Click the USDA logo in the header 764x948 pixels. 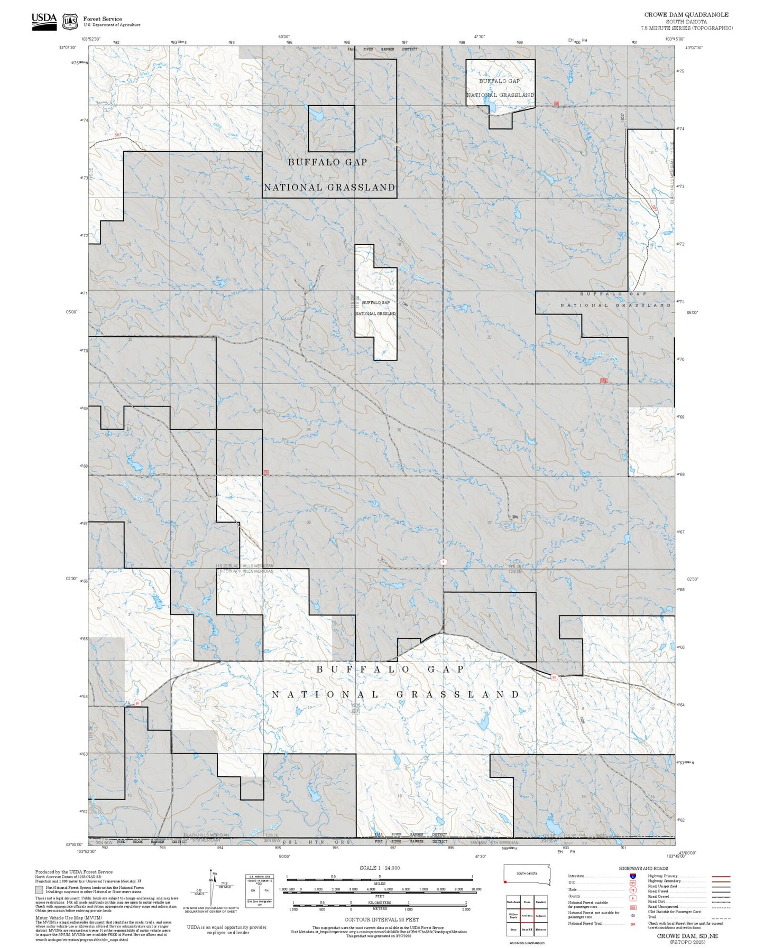[x=44, y=21]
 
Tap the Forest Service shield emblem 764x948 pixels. [x=70, y=22]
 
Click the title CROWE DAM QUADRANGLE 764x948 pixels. [x=686, y=15]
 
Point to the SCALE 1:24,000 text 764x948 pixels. [x=380, y=868]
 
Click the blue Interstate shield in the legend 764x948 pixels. [x=633, y=876]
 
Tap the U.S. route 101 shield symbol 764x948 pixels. [x=633, y=883]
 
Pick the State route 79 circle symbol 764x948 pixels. [x=633, y=890]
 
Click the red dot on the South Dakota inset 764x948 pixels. [x=505, y=881]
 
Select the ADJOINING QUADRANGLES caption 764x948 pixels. [x=527, y=943]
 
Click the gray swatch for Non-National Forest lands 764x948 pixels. [x=39, y=889]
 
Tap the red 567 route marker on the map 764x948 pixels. [x=117, y=135]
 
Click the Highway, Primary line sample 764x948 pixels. [x=721, y=876]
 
